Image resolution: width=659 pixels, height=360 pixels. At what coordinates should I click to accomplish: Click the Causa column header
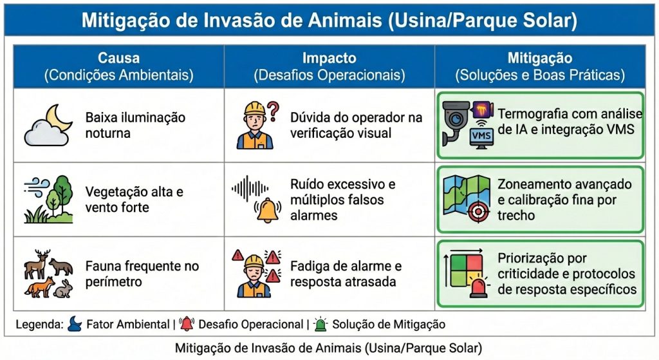118,66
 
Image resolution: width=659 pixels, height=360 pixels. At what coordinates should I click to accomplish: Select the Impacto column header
329,66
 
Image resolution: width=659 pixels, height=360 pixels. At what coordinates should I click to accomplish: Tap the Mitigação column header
539,66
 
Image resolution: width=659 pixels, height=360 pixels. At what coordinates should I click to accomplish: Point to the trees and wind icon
49,199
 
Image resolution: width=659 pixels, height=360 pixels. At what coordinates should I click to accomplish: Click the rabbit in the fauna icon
63,289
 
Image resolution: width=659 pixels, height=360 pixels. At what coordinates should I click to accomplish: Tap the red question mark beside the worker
273,110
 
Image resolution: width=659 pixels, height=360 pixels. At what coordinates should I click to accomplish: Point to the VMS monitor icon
482,137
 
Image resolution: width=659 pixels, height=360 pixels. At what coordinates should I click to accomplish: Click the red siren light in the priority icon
478,289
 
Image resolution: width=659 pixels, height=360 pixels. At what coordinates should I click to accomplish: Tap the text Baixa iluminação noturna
135,125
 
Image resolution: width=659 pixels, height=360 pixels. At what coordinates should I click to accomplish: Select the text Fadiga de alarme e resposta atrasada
346,274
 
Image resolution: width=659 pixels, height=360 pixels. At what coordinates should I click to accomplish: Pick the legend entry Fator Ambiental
116,325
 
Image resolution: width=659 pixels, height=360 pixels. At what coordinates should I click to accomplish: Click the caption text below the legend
328,348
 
